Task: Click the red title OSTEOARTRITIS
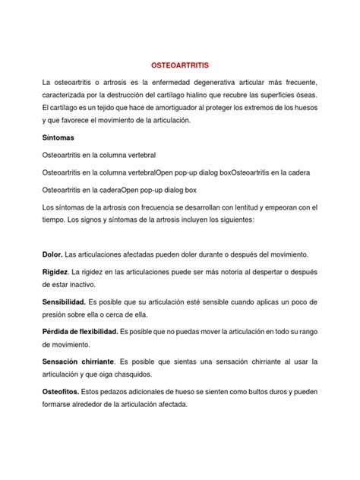[179, 66]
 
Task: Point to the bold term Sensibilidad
[64, 302]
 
